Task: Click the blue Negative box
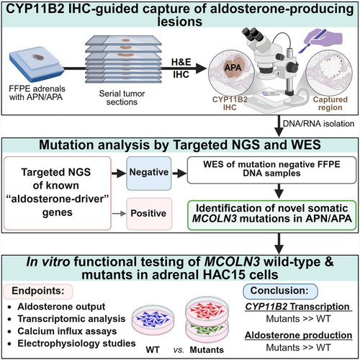[x=149, y=174]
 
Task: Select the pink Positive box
[x=149, y=214]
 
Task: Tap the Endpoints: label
[x=38, y=291]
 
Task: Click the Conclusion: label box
[x=280, y=291]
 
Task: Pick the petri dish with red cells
[x=207, y=311]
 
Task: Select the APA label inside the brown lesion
[x=233, y=68]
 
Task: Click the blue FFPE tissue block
[x=37, y=63]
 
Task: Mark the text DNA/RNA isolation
[x=318, y=124]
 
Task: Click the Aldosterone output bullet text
[x=61, y=307]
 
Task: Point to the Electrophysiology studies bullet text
[x=76, y=343]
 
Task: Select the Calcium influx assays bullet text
[x=67, y=331]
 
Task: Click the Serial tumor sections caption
[x=122, y=98]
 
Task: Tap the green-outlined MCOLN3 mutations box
[x=271, y=215]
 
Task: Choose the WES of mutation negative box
[x=271, y=170]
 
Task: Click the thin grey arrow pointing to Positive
[x=119, y=213]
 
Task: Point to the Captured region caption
[x=330, y=104]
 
